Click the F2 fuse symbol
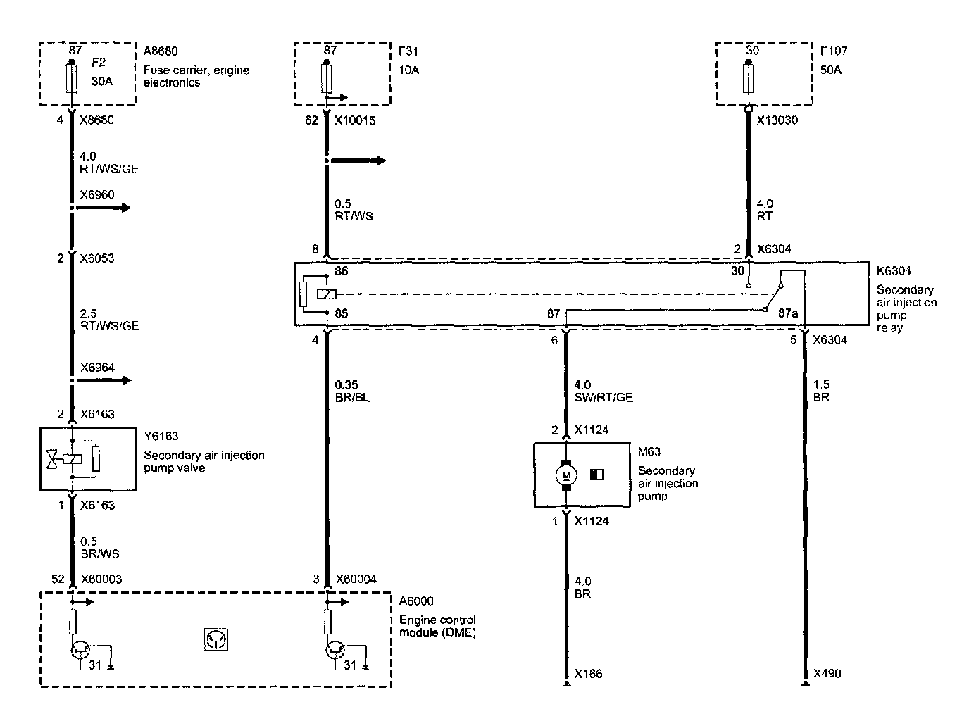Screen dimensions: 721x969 click(x=71, y=78)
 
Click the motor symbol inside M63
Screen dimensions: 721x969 click(x=565, y=476)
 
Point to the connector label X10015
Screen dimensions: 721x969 click(x=355, y=120)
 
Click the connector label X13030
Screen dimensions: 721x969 click(x=778, y=120)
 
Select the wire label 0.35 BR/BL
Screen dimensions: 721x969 click(x=353, y=391)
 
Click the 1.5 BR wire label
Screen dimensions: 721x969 click(x=821, y=391)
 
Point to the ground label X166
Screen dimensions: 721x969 click(x=588, y=674)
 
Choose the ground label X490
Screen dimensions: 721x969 click(x=827, y=674)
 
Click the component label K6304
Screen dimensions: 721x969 click(x=892, y=271)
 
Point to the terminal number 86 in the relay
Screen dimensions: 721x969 click(x=342, y=271)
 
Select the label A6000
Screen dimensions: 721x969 click(x=416, y=601)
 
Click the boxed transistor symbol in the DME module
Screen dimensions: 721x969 click(x=216, y=639)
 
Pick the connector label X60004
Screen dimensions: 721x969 click(x=356, y=579)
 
